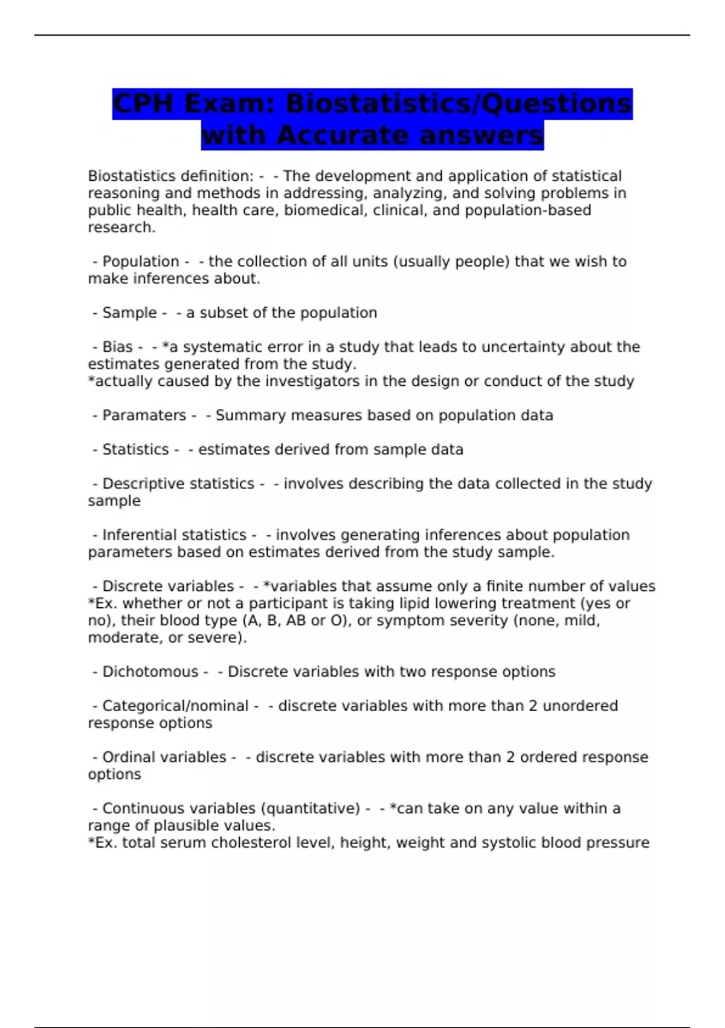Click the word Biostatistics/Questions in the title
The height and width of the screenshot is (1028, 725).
click(x=459, y=103)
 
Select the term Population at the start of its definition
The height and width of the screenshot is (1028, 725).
click(x=140, y=261)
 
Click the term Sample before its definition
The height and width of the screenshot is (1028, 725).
click(x=129, y=313)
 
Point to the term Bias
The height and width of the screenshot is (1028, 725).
click(x=117, y=347)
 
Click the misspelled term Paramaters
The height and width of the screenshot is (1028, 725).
click(x=144, y=415)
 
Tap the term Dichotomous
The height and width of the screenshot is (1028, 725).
click(x=150, y=672)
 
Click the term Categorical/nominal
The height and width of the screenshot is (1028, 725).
click(x=175, y=706)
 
